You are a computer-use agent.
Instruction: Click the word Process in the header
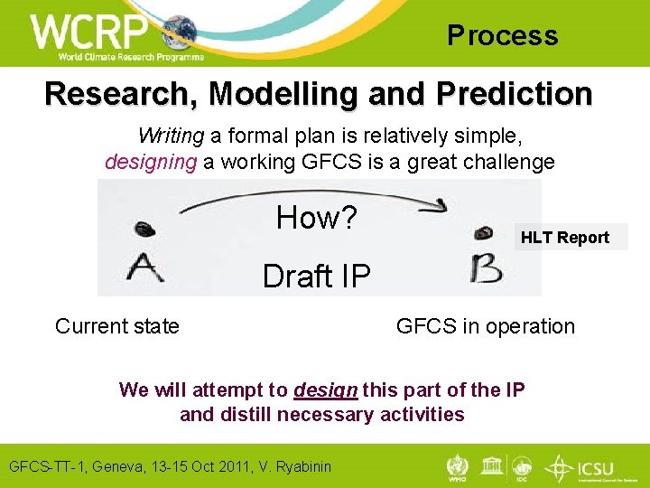(x=503, y=36)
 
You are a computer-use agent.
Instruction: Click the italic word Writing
(x=172, y=136)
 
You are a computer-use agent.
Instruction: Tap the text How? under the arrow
(x=317, y=218)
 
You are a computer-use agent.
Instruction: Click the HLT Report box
(x=564, y=238)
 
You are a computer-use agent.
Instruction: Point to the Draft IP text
(x=316, y=276)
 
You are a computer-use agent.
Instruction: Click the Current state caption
(x=117, y=326)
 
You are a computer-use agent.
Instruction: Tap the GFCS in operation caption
(x=485, y=326)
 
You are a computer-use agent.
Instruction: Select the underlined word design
(x=326, y=389)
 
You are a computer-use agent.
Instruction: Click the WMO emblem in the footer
(x=459, y=466)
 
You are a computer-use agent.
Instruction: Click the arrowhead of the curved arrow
(x=440, y=207)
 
